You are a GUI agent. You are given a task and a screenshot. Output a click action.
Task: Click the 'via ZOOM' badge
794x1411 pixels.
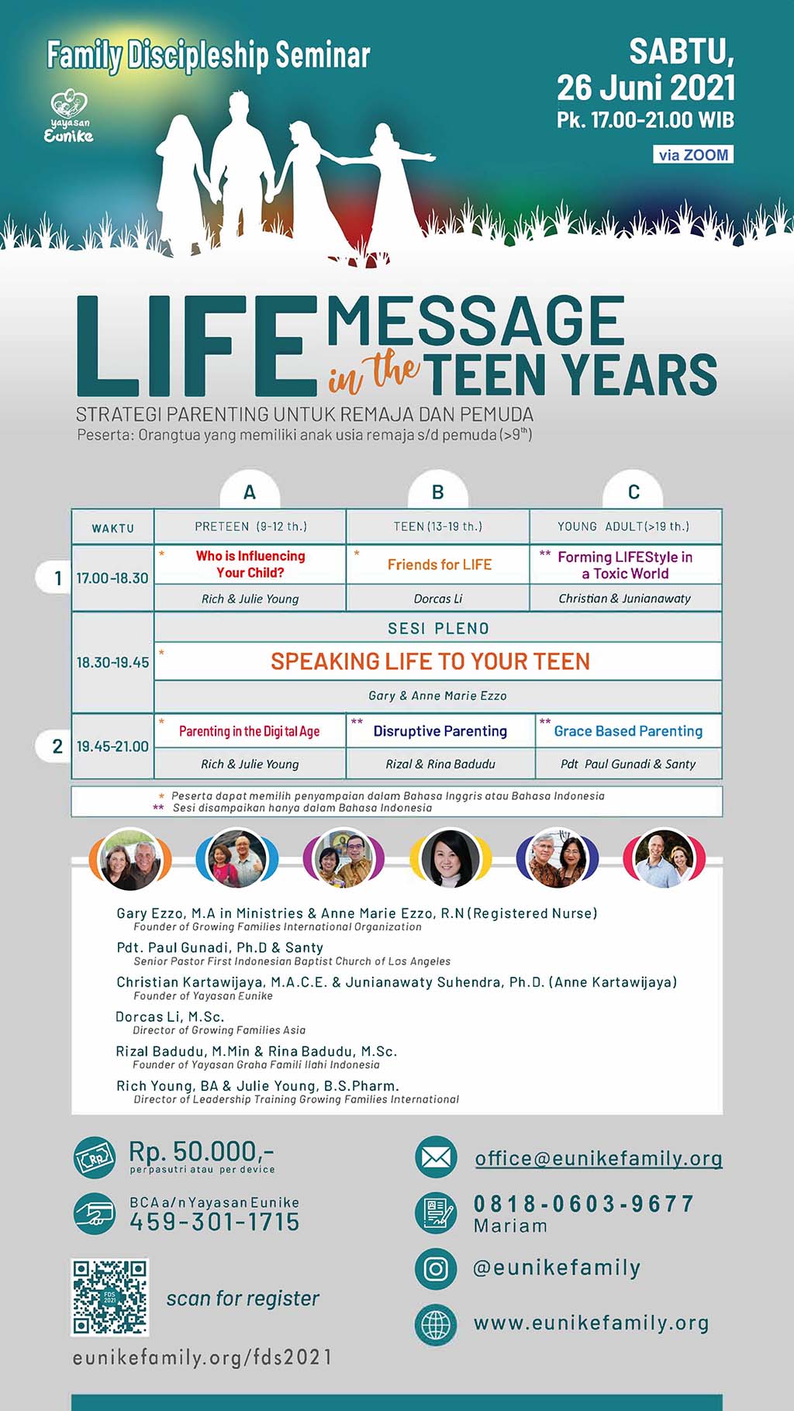(x=693, y=155)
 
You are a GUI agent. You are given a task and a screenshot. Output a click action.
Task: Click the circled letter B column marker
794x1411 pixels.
(x=438, y=492)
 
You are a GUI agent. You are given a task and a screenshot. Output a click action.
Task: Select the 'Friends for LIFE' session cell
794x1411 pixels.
(x=439, y=564)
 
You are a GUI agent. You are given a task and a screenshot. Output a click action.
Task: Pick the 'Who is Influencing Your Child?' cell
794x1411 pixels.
(x=250, y=564)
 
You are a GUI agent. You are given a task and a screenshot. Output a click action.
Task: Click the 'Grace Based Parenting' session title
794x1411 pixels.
(x=628, y=731)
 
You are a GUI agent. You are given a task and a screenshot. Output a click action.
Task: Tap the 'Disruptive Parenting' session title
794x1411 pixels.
(x=440, y=731)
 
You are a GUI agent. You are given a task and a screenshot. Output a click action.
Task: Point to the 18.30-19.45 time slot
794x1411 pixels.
(x=112, y=662)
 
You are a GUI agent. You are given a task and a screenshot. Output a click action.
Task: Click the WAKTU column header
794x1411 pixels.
(x=113, y=528)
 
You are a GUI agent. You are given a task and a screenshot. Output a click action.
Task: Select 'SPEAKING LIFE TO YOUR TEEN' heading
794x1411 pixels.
(x=430, y=661)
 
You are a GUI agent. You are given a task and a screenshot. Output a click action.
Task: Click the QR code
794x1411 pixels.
(x=110, y=1298)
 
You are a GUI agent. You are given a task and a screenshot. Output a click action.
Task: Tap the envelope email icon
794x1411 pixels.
(x=436, y=1158)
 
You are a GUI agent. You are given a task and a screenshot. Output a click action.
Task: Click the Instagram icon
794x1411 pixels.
(x=436, y=1268)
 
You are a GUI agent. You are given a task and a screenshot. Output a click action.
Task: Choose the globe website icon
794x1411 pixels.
(x=436, y=1323)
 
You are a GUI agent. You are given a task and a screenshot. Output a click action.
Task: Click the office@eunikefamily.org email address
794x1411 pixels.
(x=599, y=1158)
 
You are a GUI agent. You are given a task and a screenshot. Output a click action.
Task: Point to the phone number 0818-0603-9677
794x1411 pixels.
(x=584, y=1203)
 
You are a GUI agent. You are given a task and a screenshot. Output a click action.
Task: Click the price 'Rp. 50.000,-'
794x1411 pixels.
(x=202, y=1151)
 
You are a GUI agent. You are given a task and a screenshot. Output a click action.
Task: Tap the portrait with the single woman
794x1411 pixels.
(x=449, y=858)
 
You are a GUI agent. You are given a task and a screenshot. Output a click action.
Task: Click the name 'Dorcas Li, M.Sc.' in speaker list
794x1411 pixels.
(x=170, y=1016)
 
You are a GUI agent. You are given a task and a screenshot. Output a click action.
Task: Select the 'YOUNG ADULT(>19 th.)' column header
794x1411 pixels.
(x=623, y=526)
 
